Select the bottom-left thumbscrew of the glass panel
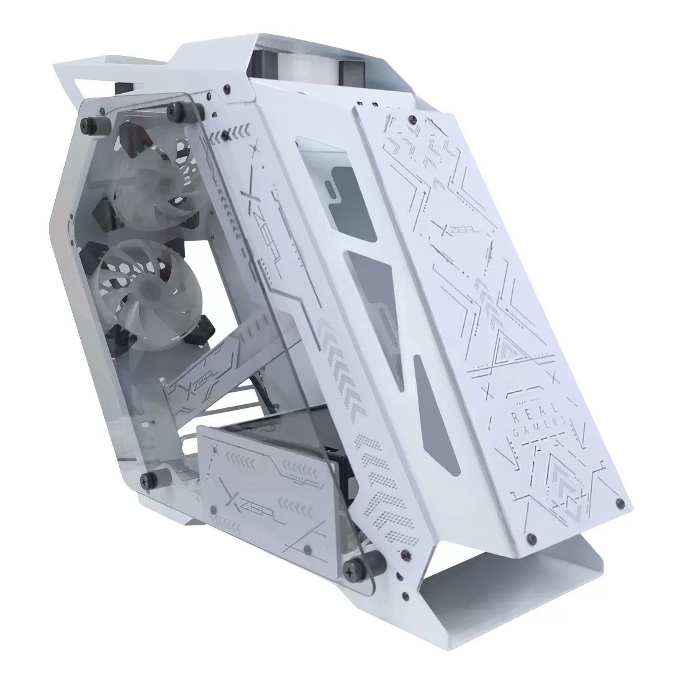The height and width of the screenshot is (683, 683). click(149, 479)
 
